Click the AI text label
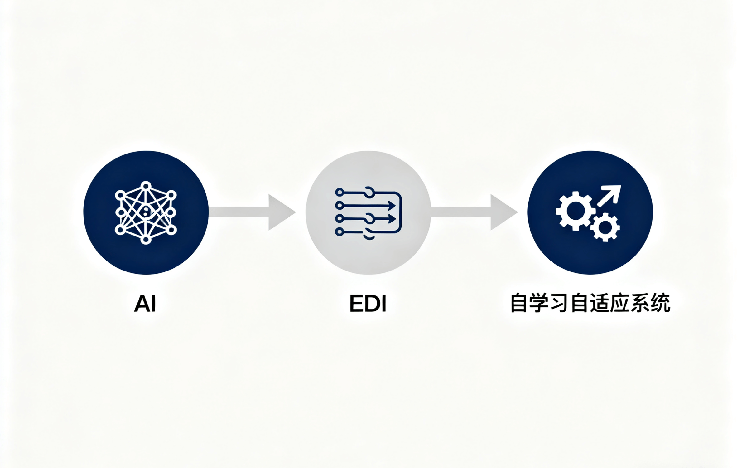click(x=145, y=303)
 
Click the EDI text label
click(x=368, y=303)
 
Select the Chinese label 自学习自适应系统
click(x=590, y=303)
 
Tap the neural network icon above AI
click(x=146, y=212)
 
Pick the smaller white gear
click(x=605, y=227)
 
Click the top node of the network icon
click(x=146, y=186)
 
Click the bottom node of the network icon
click(x=146, y=240)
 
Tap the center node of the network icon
click(x=145, y=212)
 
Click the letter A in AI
click(x=141, y=303)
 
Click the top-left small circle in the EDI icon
click(x=340, y=192)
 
